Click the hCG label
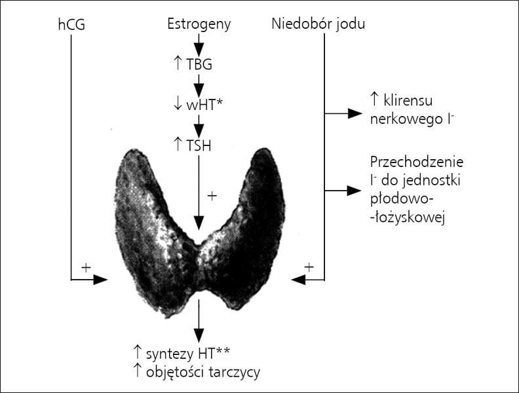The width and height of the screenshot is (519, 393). point(71,25)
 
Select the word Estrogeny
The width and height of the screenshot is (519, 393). point(199,24)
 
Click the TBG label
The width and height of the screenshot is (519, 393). point(199,64)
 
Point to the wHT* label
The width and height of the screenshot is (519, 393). point(204,105)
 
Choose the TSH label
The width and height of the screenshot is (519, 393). point(199,145)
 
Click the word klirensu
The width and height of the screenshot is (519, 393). point(408,100)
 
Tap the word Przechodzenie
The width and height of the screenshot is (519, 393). point(417,162)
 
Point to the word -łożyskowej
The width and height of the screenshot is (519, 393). point(407,218)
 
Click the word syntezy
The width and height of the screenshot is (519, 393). point(170,354)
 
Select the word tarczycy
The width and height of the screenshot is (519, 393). point(235,373)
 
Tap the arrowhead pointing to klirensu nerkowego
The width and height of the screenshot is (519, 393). point(355,113)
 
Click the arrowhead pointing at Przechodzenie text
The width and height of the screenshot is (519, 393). point(354,191)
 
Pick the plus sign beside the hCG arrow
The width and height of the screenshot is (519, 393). point(86,268)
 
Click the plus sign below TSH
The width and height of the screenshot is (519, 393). point(212,196)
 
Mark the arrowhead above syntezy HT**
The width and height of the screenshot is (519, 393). point(199,336)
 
